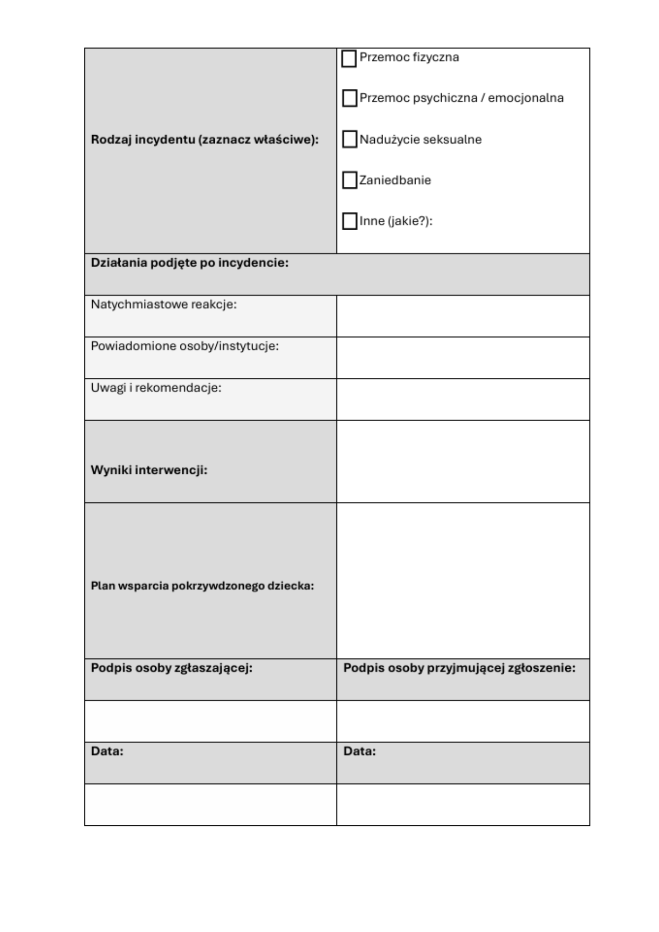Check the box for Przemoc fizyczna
[x=349, y=59]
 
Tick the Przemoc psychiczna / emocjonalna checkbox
[x=350, y=98]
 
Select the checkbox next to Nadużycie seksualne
[x=350, y=139]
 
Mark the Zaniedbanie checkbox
[x=350, y=180]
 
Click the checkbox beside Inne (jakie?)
[x=350, y=221]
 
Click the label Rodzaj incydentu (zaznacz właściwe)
[x=205, y=139]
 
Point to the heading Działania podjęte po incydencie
[x=190, y=263]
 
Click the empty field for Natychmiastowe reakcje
[x=463, y=316]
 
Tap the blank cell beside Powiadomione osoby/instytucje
[x=463, y=357]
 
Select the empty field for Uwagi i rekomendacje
[x=463, y=399]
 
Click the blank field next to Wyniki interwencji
[x=463, y=461]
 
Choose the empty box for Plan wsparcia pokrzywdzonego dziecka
[x=463, y=580]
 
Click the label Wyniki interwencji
[x=149, y=470]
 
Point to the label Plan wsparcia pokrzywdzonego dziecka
[x=202, y=586]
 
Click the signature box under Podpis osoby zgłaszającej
[x=210, y=721]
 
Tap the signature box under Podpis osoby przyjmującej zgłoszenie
[x=463, y=721]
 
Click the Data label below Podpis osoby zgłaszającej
[x=107, y=751]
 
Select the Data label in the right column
[x=359, y=751]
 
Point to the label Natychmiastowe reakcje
[x=164, y=304]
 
